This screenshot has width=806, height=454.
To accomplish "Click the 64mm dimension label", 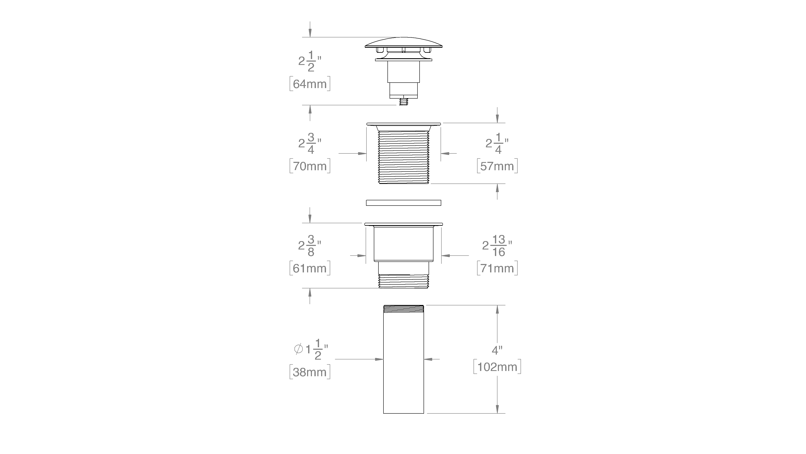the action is click(310, 84).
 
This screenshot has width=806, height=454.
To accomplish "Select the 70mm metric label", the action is click(310, 166).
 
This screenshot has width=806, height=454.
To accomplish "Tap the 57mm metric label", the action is click(497, 166).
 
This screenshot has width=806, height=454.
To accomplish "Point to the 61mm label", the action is click(310, 268).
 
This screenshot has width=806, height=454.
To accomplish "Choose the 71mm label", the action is click(497, 268).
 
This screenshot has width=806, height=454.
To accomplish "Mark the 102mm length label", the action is click(497, 367).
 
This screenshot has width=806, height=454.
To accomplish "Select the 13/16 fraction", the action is click(499, 246).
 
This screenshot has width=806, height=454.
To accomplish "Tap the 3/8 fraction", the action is click(311, 246).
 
